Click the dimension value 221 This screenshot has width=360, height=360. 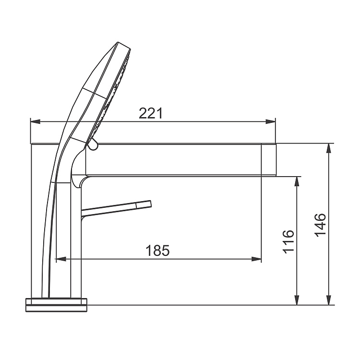click(151, 113)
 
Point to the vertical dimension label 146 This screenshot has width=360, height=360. click(320, 224)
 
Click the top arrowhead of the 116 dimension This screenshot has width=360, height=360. click(298, 181)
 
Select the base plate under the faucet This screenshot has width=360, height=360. click(57, 304)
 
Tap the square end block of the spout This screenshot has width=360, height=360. click(269, 159)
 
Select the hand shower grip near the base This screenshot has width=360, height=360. click(48, 269)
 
